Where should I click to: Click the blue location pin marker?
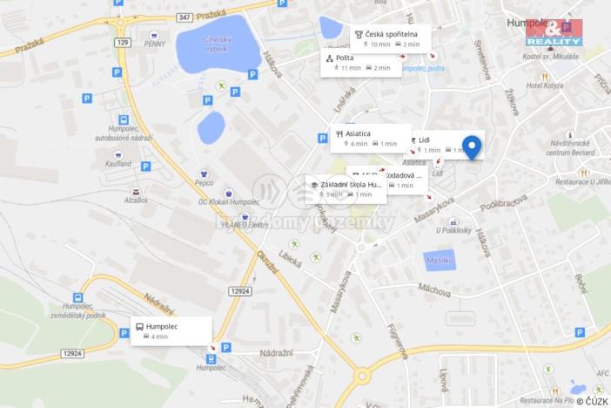(472, 146)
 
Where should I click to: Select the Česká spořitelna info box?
(391, 37)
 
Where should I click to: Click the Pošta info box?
(360, 62)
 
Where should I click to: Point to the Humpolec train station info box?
(171, 330)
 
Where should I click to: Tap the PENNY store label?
(156, 43)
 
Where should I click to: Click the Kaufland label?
(118, 163)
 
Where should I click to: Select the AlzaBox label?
(135, 200)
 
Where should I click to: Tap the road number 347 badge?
(183, 17)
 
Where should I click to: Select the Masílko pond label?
(438, 260)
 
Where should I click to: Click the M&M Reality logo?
(554, 33)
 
